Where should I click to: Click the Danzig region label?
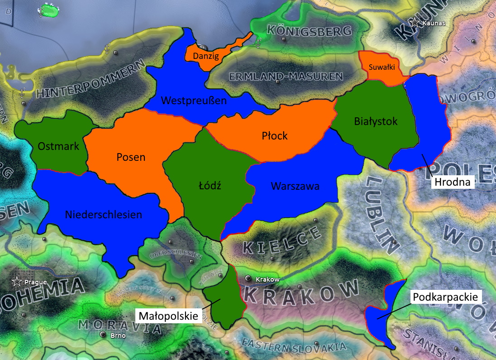[206, 56]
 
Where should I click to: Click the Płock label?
[275, 135]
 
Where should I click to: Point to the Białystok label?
[376, 121]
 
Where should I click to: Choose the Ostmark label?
[58, 146]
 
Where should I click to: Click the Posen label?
[131, 157]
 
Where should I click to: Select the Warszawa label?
[295, 186]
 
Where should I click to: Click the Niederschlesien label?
[103, 214]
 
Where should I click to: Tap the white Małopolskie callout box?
[169, 315]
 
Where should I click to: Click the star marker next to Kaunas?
[415, 22]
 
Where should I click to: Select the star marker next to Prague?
[17, 281]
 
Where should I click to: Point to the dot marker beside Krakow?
[248, 278]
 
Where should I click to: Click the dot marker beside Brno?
[103, 335]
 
